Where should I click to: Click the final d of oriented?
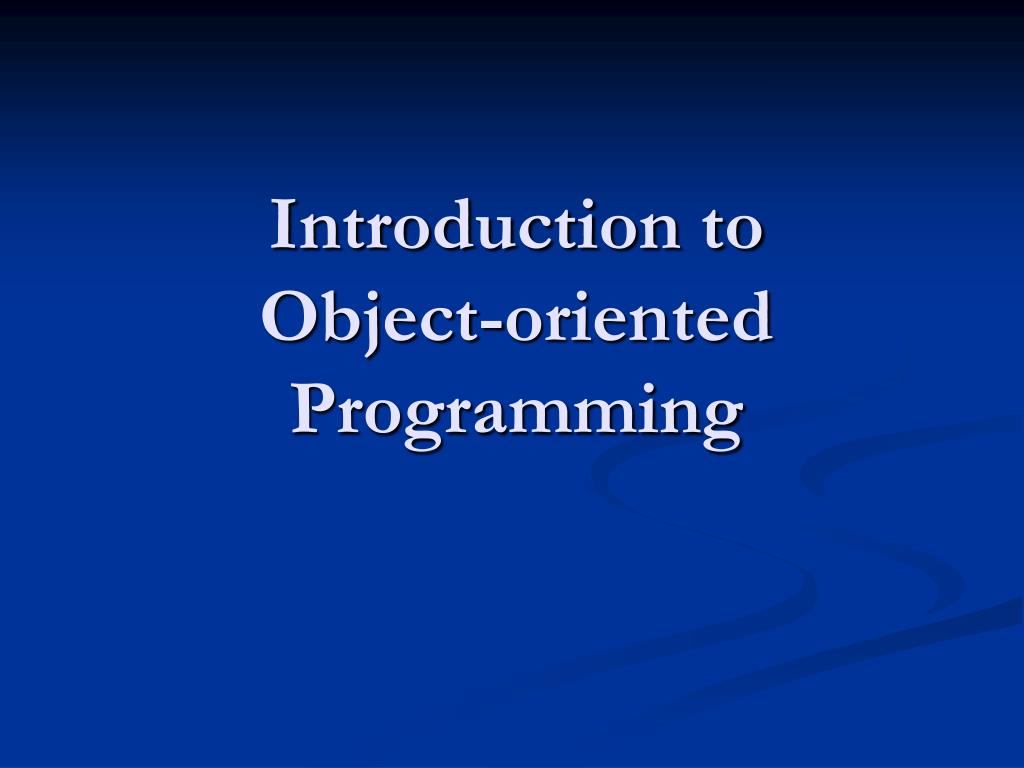coord(751,317)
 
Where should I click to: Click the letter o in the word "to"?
coord(744,233)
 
